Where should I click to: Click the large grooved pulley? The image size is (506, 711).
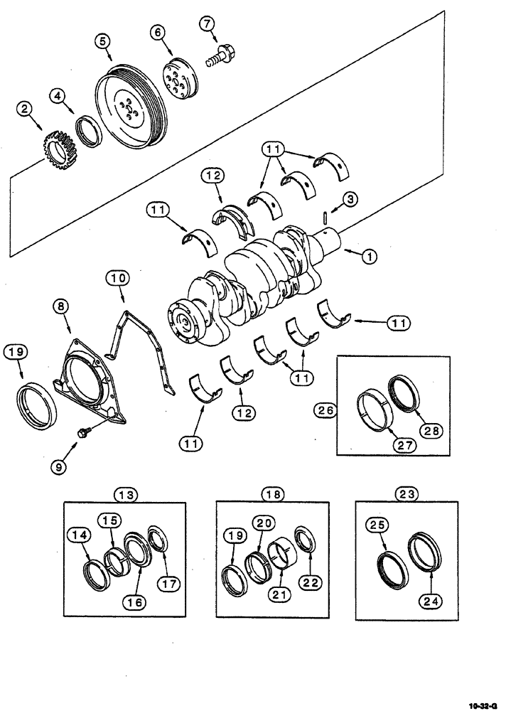[131, 107]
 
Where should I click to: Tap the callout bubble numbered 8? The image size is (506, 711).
[61, 308]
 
